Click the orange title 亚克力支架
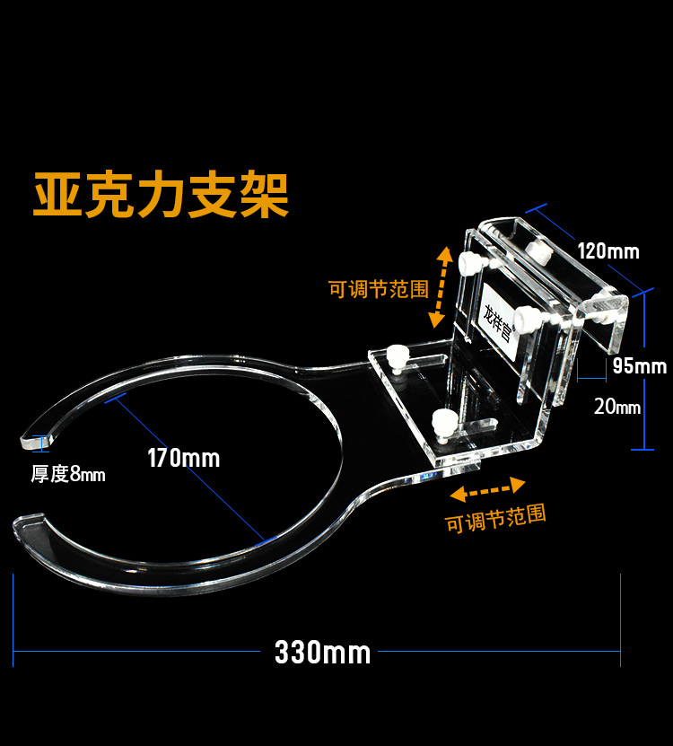click(x=162, y=195)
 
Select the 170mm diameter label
click(x=184, y=458)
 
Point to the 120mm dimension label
click(x=608, y=250)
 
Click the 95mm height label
click(x=639, y=366)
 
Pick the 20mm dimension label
click(x=617, y=406)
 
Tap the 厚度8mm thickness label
click(x=68, y=474)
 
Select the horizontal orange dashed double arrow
click(x=487, y=489)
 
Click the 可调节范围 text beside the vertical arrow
click(x=378, y=289)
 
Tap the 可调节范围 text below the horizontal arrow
click(x=495, y=518)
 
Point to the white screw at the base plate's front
click(x=441, y=419)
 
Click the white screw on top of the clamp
click(x=538, y=249)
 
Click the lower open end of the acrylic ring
click(x=27, y=521)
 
